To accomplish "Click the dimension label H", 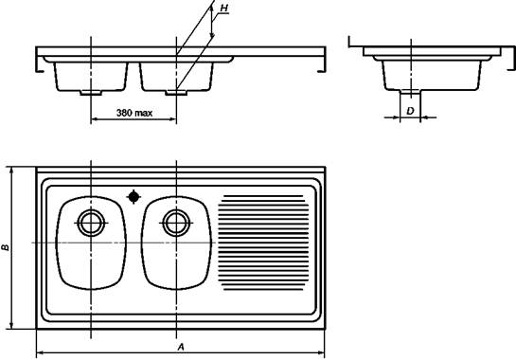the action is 224,9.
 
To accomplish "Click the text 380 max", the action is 134,113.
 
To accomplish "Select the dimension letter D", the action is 410,111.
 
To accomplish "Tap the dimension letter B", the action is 6,247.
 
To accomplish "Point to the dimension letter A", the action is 181,347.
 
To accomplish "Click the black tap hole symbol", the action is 133,197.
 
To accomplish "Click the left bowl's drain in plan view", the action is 91,223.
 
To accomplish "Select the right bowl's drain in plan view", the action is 176,223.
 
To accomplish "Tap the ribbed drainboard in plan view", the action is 263,243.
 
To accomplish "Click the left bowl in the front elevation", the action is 91,77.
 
